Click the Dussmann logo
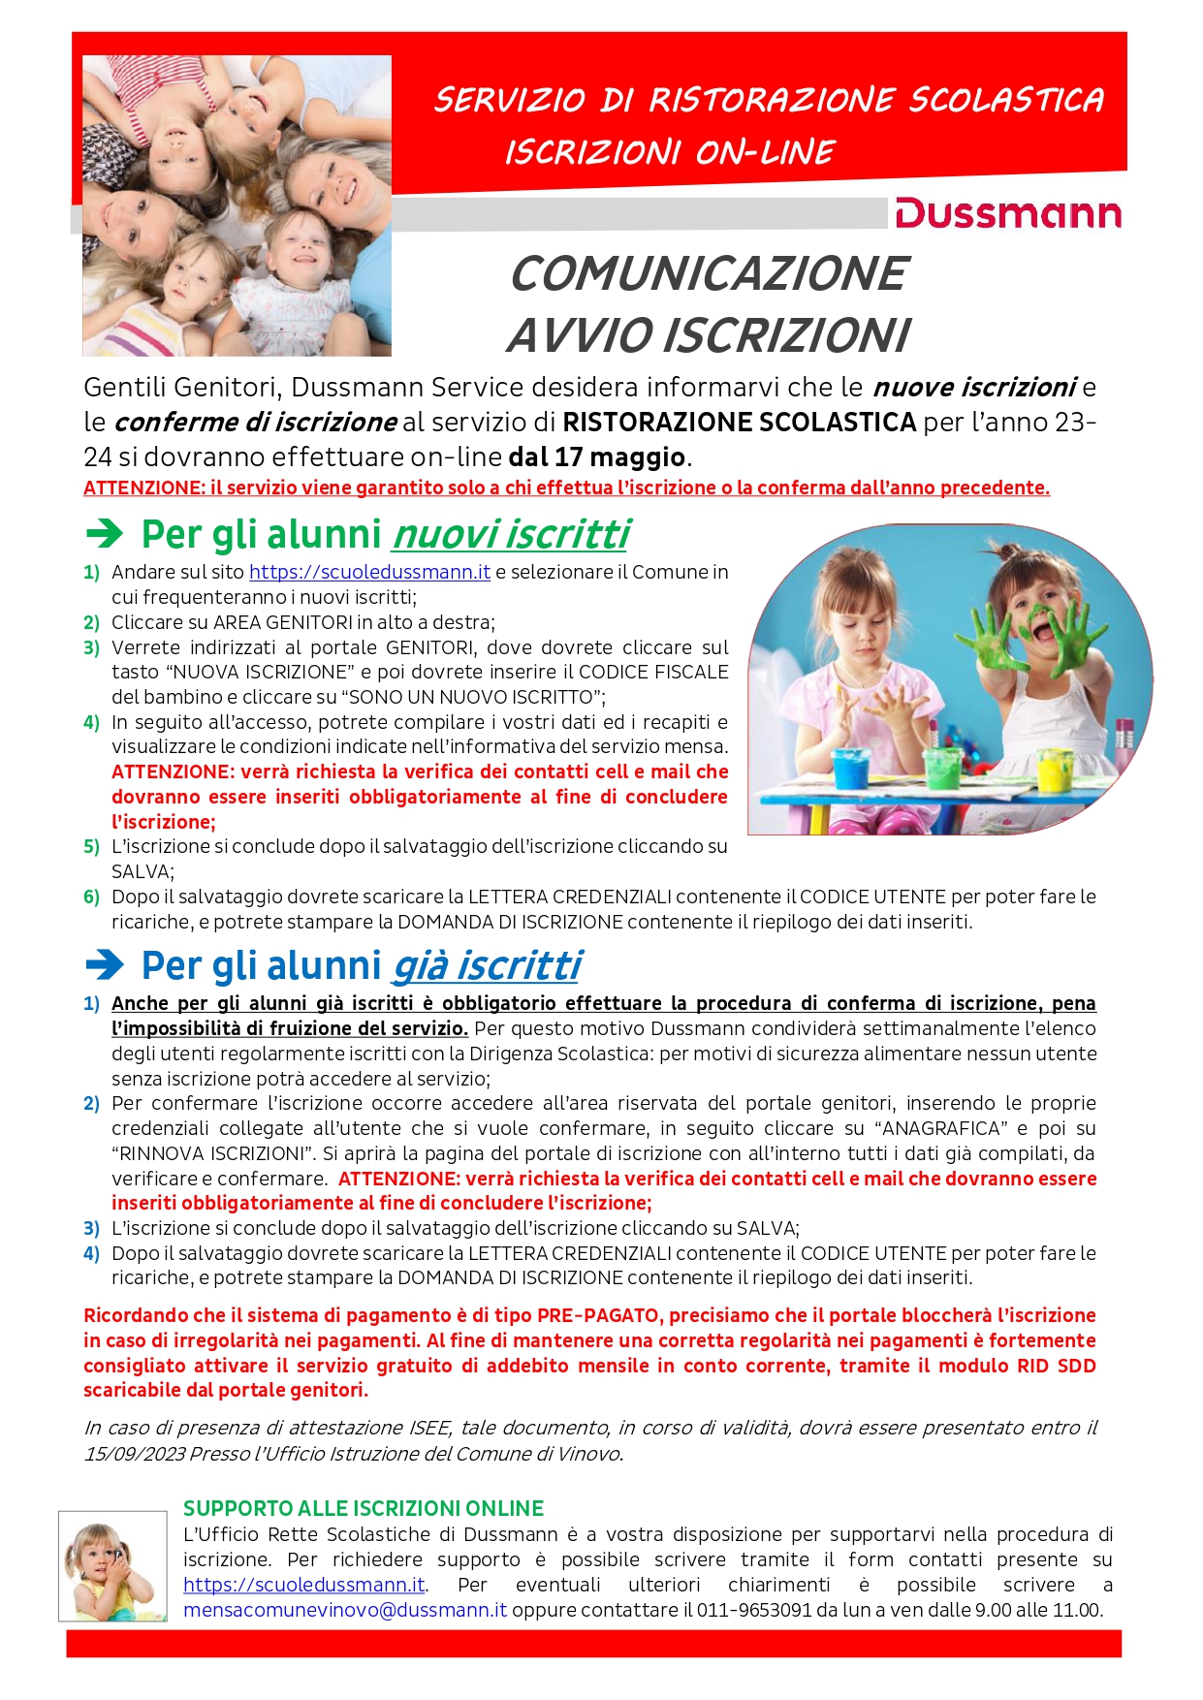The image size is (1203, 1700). pyautogui.click(x=1007, y=213)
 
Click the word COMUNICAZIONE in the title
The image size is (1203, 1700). pyautogui.click(x=709, y=273)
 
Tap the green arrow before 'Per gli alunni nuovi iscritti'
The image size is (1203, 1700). pyautogui.click(x=105, y=533)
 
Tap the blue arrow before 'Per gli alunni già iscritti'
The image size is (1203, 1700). pyautogui.click(x=105, y=964)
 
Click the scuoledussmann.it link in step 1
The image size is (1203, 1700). pyautogui.click(x=369, y=572)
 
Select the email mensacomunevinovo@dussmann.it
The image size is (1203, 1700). pyautogui.click(x=345, y=1610)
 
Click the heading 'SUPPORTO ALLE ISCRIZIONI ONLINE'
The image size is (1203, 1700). pyautogui.click(x=364, y=1508)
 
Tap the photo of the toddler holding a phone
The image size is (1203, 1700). pyautogui.click(x=112, y=1565)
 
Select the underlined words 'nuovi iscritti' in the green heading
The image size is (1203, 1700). pyautogui.click(x=511, y=534)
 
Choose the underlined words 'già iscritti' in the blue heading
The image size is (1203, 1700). pyautogui.click(x=487, y=965)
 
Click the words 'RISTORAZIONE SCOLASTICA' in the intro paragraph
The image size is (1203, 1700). pyautogui.click(x=739, y=422)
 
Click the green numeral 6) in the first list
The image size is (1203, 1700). pyautogui.click(x=92, y=897)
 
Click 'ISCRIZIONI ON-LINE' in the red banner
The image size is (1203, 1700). pyautogui.click(x=669, y=152)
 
